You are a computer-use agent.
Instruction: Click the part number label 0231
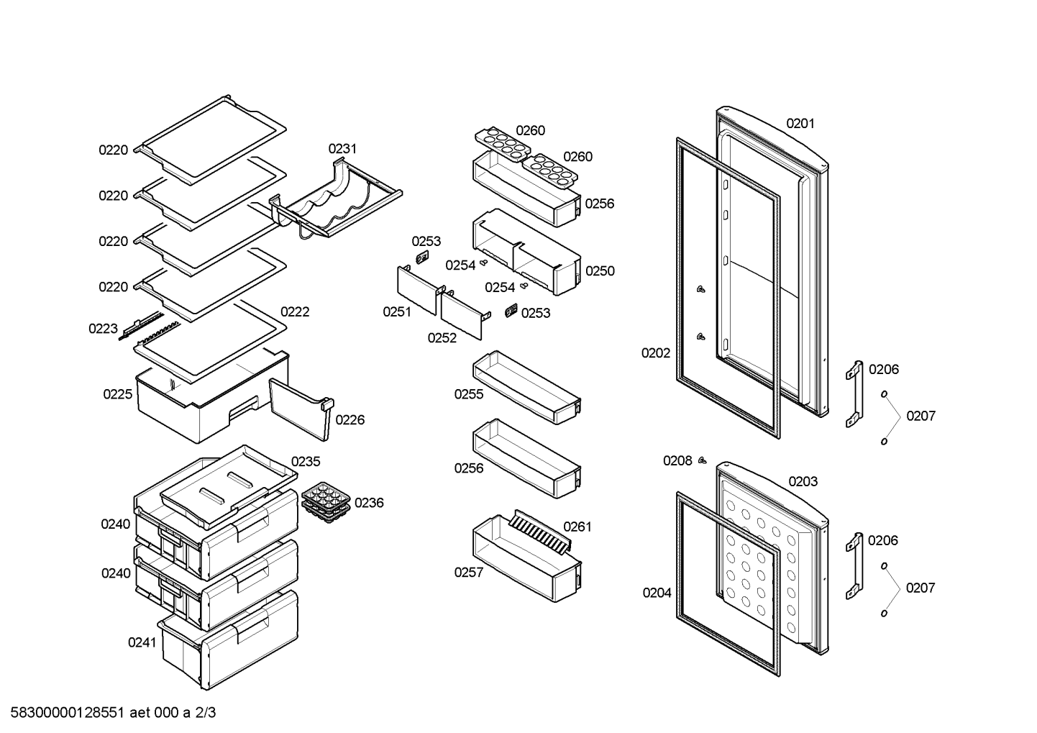point(342,149)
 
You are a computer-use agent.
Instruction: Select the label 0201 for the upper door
point(800,124)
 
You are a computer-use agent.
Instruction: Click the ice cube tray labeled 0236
point(326,501)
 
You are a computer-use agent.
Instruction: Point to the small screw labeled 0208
point(702,460)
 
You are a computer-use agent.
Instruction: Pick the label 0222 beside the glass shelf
point(295,311)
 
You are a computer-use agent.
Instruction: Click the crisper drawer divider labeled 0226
point(301,408)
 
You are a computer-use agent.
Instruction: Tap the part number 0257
point(468,573)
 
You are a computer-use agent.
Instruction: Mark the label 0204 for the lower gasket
point(657,593)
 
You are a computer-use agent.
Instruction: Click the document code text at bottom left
point(109,713)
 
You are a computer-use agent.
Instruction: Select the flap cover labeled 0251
point(417,289)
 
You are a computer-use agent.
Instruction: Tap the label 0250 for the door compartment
point(600,271)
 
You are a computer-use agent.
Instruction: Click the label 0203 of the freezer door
point(803,482)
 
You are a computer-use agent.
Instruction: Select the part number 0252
point(442,338)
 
